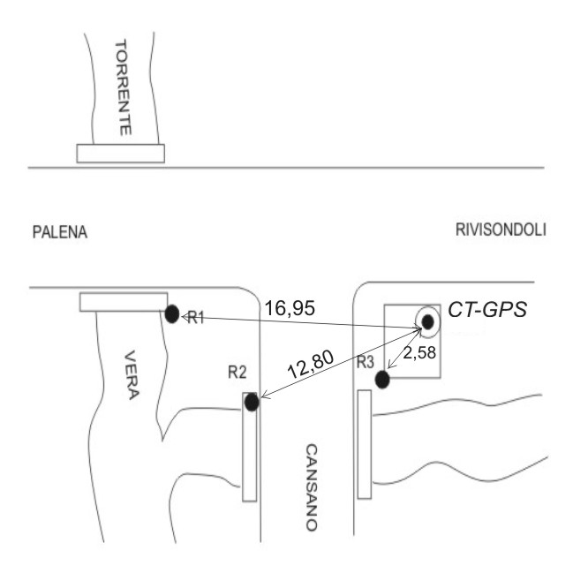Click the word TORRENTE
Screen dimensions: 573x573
pyautogui.click(x=123, y=87)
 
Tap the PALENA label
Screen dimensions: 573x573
pyautogui.click(x=60, y=232)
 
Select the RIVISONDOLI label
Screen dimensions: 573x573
pyautogui.click(x=501, y=230)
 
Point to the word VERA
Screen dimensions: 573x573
pyautogui.click(x=132, y=375)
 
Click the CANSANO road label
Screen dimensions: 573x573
pyautogui.click(x=312, y=487)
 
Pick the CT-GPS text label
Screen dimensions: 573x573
pyautogui.click(x=487, y=310)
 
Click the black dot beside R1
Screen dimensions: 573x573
pyautogui.click(x=172, y=314)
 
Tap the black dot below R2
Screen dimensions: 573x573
pyautogui.click(x=252, y=403)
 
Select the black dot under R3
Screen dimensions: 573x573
pyautogui.click(x=382, y=380)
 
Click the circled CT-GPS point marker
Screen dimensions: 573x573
pyautogui.click(x=427, y=322)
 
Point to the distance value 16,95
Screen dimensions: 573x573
pyautogui.click(x=290, y=308)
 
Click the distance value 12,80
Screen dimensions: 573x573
pyautogui.click(x=311, y=365)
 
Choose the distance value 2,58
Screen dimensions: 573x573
pyautogui.click(x=419, y=353)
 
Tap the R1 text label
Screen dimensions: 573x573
pyautogui.click(x=196, y=319)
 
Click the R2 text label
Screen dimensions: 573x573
pyautogui.click(x=237, y=373)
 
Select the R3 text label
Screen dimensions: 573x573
pyautogui.click(x=365, y=362)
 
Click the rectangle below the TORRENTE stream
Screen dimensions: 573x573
pyautogui.click(x=121, y=154)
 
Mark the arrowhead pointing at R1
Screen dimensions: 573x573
pyautogui.click(x=185, y=317)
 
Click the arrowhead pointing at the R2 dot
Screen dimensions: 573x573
pyautogui.click(x=265, y=395)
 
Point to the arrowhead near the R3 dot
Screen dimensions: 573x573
pyautogui.click(x=391, y=365)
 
